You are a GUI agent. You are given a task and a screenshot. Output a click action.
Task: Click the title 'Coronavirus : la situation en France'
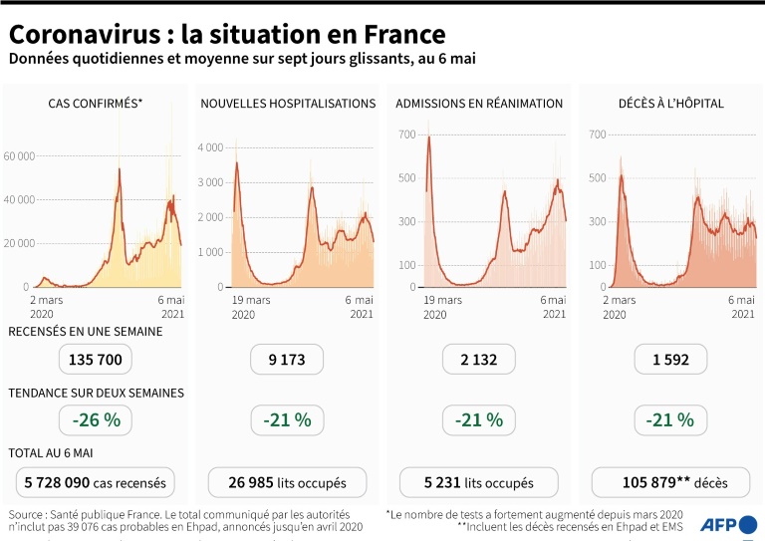click(x=227, y=35)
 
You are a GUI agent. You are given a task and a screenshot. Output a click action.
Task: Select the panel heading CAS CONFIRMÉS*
click(x=96, y=104)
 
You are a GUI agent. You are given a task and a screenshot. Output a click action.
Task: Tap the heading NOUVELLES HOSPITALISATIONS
click(x=288, y=104)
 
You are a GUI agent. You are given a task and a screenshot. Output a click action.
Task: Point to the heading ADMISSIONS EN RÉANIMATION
click(x=479, y=104)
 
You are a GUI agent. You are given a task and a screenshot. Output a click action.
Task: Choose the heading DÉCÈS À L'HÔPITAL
click(x=670, y=104)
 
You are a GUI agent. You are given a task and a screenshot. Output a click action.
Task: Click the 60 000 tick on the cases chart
click(x=20, y=156)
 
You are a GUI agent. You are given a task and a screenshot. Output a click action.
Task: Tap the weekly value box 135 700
click(x=97, y=360)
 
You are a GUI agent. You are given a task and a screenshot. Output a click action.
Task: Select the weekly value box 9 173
click(x=287, y=360)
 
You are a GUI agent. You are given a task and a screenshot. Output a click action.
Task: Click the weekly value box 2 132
click(x=478, y=360)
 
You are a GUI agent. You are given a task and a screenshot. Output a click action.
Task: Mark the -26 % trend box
click(x=97, y=420)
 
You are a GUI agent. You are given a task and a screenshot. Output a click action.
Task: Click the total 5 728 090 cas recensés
click(x=97, y=483)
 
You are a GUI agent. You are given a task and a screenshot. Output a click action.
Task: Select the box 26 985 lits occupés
click(x=287, y=483)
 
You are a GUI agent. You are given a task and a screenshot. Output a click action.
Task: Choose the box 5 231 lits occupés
click(x=478, y=483)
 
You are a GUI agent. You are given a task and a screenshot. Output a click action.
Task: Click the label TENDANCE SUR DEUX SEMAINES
click(x=96, y=394)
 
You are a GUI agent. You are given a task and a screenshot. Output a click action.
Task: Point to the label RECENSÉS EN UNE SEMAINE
click(x=86, y=332)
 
